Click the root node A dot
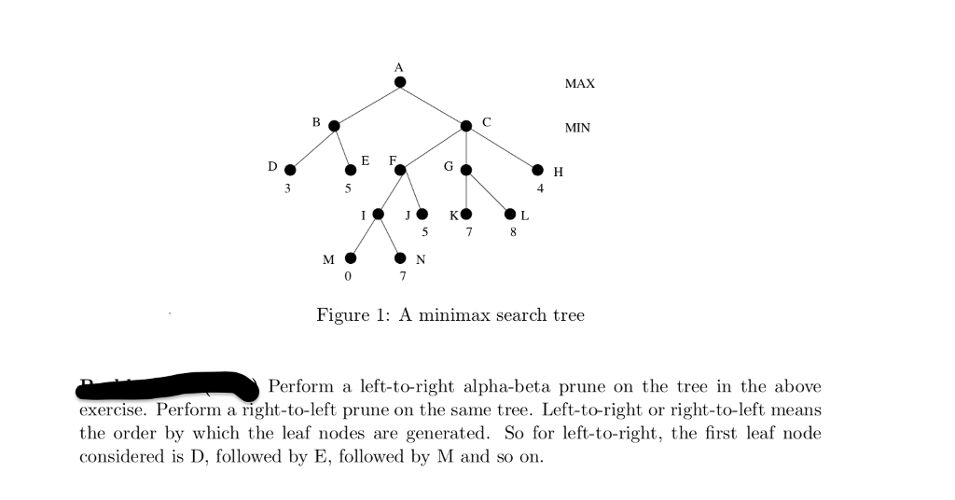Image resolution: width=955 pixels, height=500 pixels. tap(400, 82)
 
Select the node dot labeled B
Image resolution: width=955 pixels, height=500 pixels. tap(334, 126)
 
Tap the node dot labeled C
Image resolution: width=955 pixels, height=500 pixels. tap(466, 126)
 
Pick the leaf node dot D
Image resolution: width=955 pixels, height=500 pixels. tap(290, 170)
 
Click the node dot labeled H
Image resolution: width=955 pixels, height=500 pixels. tap(537, 170)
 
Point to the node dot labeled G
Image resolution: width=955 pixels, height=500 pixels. tap(466, 170)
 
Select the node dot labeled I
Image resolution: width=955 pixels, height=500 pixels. tap(378, 214)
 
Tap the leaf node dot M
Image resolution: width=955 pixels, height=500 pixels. tap(351, 257)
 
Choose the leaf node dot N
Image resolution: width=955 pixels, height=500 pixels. tap(400, 257)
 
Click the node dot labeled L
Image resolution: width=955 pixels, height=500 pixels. tap(510, 214)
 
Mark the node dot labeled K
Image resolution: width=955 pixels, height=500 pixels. tap(466, 214)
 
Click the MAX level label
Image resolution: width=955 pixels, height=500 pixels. tap(579, 84)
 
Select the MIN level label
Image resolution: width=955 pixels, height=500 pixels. tap(577, 128)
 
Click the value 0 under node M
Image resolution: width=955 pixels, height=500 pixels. tap(348, 277)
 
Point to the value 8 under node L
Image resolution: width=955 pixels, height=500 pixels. tap(513, 232)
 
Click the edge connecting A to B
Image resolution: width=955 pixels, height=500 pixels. tap(367, 104)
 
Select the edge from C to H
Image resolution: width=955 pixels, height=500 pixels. tap(502, 147)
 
